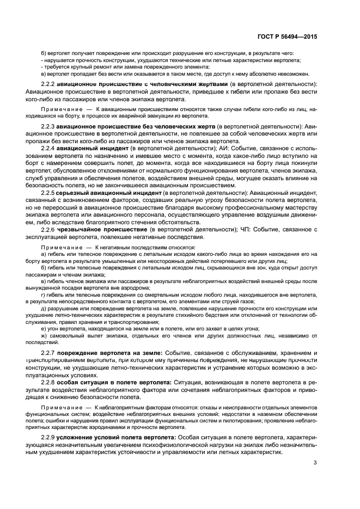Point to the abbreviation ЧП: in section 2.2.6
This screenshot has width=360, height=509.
(245, 230)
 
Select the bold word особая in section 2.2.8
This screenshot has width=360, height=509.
(69, 383)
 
